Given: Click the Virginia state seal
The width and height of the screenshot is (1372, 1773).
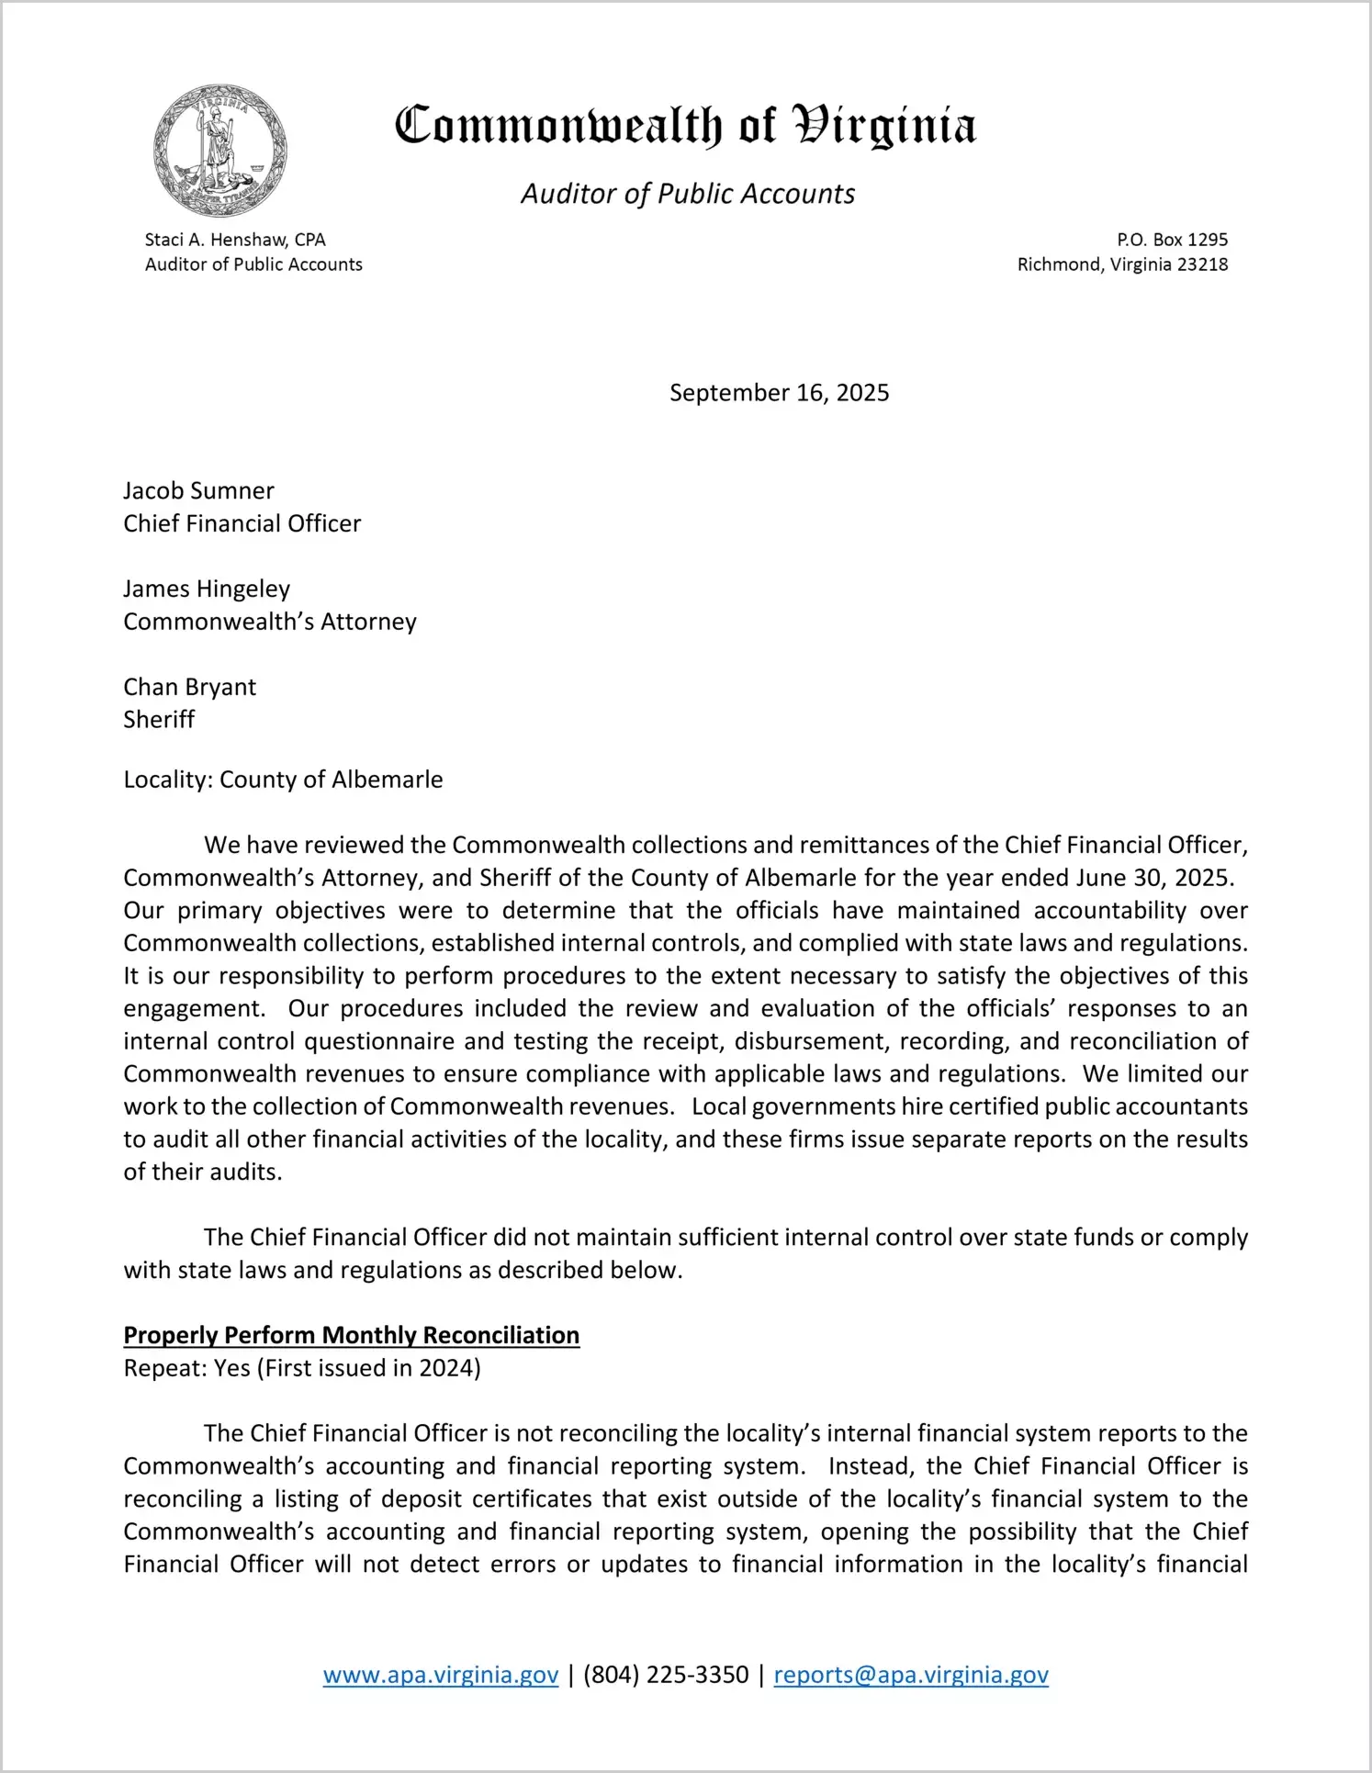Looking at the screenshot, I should click(220, 151).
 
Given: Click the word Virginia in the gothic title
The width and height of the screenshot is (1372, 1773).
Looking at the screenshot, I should click(883, 126).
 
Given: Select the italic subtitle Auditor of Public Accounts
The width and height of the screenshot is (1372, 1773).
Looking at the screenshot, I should click(688, 194).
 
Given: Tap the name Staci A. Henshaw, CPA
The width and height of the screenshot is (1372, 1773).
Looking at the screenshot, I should click(235, 240).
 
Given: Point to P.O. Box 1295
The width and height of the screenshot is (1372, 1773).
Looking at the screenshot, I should click(1172, 240).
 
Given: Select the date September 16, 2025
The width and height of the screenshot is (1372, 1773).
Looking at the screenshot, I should click(779, 393).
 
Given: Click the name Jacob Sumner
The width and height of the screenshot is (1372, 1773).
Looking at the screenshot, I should click(198, 490).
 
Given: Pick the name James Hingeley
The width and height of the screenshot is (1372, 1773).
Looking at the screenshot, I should click(207, 589).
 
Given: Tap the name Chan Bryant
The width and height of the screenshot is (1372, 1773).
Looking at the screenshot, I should click(189, 687).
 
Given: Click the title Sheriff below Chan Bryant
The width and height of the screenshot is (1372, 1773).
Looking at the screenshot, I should click(159, 720).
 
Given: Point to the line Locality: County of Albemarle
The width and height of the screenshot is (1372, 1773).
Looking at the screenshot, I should click(283, 780).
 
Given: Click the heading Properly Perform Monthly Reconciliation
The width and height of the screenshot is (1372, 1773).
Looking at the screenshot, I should click(352, 1335).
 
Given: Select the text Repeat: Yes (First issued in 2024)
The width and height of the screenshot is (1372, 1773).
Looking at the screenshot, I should click(302, 1368).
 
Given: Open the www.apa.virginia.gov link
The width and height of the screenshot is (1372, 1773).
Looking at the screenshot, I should click(441, 1675).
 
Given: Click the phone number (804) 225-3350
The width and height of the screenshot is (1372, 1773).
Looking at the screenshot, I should click(666, 1675).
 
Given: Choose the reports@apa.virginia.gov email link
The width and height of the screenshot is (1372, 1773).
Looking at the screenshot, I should click(911, 1675).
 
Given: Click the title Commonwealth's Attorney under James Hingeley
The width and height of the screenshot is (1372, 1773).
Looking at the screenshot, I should click(270, 622).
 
